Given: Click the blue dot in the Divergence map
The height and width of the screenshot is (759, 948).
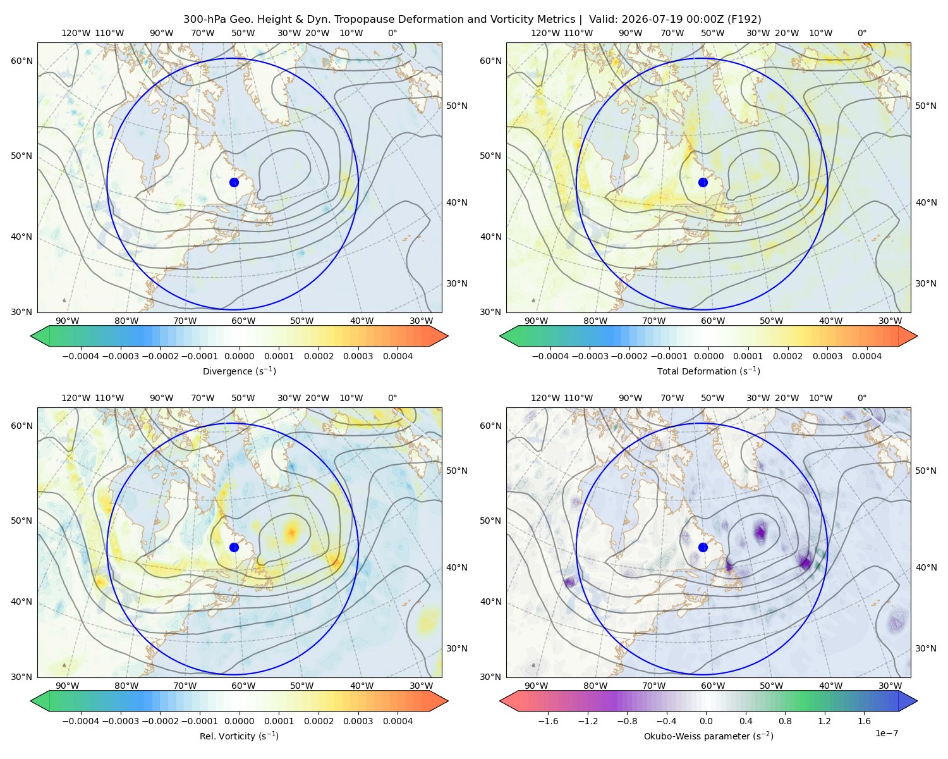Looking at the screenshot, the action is [234, 182].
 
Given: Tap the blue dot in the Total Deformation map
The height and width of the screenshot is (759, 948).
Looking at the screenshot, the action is [703, 182].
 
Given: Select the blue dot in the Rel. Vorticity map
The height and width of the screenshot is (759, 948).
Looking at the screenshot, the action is [234, 547].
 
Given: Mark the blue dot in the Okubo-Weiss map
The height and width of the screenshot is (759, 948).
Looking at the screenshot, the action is [703, 547].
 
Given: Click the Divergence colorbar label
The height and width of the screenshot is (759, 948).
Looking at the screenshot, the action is [239, 371].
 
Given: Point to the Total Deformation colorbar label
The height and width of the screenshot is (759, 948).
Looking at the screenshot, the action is [708, 371].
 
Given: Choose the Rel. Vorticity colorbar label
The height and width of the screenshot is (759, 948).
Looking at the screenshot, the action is [239, 736].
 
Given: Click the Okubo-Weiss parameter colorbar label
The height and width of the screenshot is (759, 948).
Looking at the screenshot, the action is [708, 736].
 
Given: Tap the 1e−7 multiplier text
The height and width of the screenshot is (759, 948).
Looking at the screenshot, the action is [886, 733].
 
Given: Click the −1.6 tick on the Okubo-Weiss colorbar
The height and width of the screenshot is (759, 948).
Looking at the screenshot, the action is [548, 720].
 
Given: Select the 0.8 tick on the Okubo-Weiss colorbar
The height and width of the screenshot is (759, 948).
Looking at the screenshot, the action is [785, 720].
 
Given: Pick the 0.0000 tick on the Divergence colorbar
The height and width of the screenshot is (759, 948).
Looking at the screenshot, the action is [239, 356].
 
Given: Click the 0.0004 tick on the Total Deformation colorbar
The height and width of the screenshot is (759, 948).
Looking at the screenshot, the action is [866, 356].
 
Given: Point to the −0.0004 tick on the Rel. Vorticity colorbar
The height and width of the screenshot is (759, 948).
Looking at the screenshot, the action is [81, 720].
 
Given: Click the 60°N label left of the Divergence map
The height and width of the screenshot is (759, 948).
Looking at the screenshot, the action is [21, 61].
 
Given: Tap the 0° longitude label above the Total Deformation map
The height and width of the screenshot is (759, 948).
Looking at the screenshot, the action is [861, 33].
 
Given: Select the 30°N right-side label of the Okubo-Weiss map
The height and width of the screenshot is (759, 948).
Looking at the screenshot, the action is [925, 648].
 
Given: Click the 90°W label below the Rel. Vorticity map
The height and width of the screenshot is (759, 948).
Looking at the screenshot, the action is [68, 686].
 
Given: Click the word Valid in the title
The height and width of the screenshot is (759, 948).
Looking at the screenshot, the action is [602, 20].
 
